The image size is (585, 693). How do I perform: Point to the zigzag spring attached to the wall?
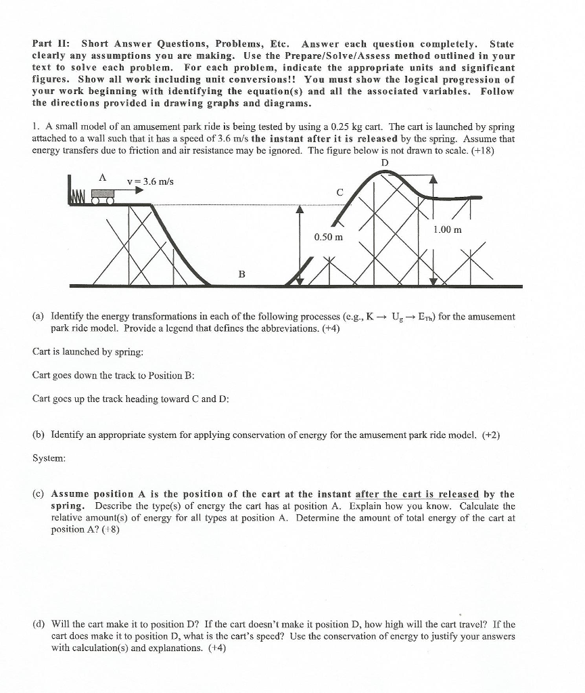coord(80,197)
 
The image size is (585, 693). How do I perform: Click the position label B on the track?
coord(241,273)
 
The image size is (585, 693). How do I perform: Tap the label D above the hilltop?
coord(385,162)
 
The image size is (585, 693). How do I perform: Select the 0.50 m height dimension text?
coord(328,237)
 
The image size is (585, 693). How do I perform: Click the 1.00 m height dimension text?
coord(448,229)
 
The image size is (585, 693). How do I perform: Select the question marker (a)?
coord(39,316)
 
